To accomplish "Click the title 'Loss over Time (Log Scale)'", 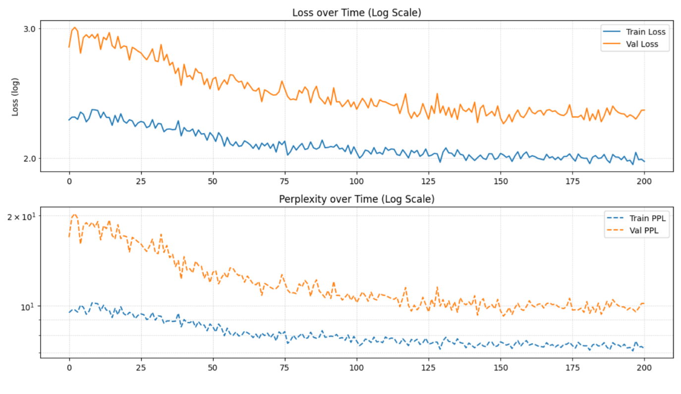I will [x=356, y=13].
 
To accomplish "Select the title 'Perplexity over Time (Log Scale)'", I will [x=356, y=199].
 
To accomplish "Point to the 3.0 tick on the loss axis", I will [x=30, y=29].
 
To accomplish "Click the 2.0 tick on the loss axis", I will [x=30, y=158].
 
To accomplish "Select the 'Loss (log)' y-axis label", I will [x=15, y=97].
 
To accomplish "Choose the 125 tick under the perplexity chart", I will [x=428, y=368].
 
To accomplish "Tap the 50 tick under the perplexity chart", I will [x=213, y=368].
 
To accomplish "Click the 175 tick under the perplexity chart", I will [x=572, y=368].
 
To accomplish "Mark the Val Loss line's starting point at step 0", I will [x=69, y=47].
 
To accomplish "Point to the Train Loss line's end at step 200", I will [x=644, y=161].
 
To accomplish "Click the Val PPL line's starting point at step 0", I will [x=69, y=237].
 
